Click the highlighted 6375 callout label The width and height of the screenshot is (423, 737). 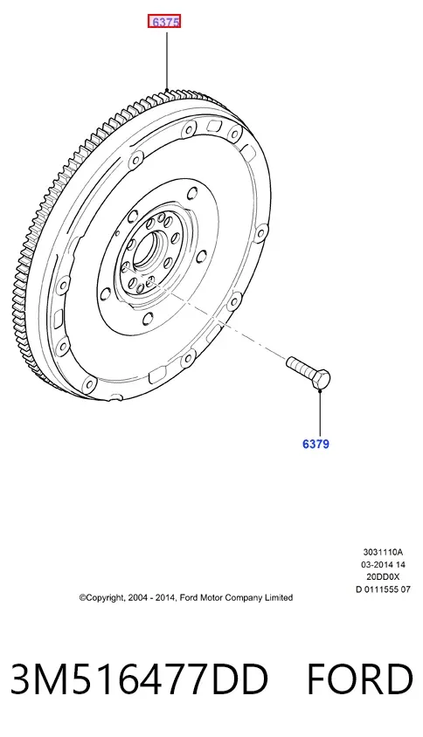click(164, 22)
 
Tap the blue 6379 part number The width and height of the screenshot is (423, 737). click(316, 444)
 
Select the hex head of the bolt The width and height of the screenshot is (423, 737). click(321, 379)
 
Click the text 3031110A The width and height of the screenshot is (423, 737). click(383, 552)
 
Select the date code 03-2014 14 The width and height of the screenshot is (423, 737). click(383, 564)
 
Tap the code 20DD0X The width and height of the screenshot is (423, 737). click(383, 576)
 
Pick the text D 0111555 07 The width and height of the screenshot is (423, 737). click(383, 589)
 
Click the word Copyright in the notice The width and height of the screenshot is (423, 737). click(102, 598)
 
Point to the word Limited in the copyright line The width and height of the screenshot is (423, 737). click(279, 598)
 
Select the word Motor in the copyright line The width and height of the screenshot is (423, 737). click(211, 598)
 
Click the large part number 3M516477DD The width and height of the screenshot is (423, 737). click(139, 679)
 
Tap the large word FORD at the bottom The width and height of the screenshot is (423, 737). click(360, 679)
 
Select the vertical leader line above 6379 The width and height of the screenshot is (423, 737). click(320, 414)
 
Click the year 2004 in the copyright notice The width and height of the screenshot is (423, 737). click(137, 598)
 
